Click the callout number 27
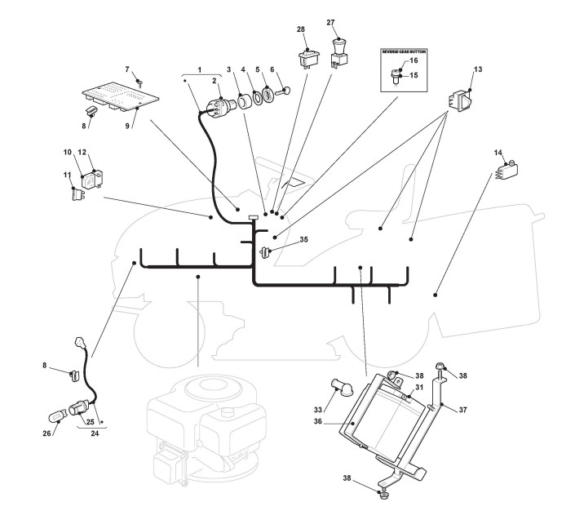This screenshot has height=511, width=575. tap(330, 22)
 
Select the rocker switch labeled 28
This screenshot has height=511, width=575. tap(309, 59)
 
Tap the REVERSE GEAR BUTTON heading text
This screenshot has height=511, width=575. tap(404, 51)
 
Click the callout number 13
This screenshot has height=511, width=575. tap(478, 69)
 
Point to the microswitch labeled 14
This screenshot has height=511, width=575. tap(506, 171)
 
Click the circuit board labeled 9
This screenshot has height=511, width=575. tap(120, 97)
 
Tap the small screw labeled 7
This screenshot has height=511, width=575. tap(139, 83)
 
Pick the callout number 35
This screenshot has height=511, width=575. tap(303, 239)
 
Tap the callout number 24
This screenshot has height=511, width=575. tap(95, 433)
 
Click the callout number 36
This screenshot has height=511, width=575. tap(317, 421)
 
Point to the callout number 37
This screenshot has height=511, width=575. tap(462, 409)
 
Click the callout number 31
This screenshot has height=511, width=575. tap(419, 387)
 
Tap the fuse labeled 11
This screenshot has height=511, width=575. tap(77, 193)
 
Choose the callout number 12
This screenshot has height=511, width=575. tap(82, 152)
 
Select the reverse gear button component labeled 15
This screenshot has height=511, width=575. tap(396, 77)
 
